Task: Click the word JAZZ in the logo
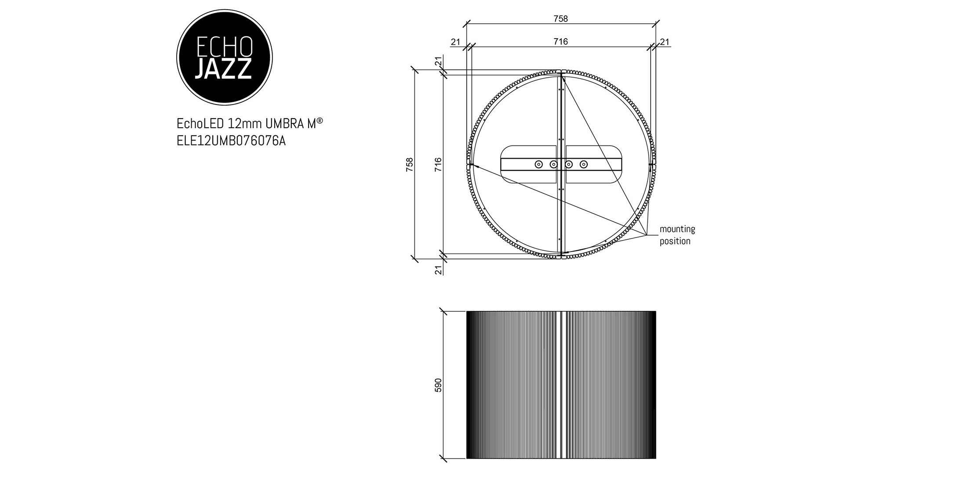223,69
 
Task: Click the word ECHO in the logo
223,46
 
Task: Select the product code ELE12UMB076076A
231,141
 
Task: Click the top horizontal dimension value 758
560,19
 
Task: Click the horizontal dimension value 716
560,41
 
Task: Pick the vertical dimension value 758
410,164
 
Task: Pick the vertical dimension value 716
438,164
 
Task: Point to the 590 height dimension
438,385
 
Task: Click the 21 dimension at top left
455,42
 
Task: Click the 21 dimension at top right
665,42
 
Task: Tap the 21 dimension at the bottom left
438,270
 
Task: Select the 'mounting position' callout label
677,235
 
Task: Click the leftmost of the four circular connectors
538,164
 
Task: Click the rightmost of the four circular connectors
583,164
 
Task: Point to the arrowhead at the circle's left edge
472,165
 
